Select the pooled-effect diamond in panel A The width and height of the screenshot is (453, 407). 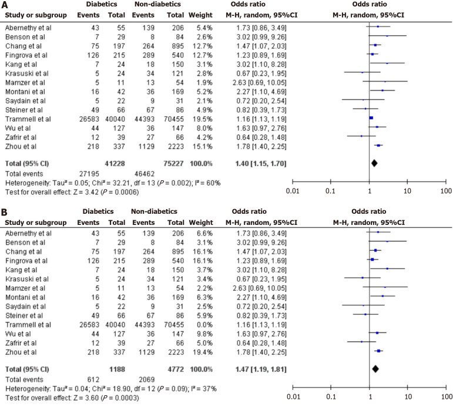[x=374, y=163]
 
